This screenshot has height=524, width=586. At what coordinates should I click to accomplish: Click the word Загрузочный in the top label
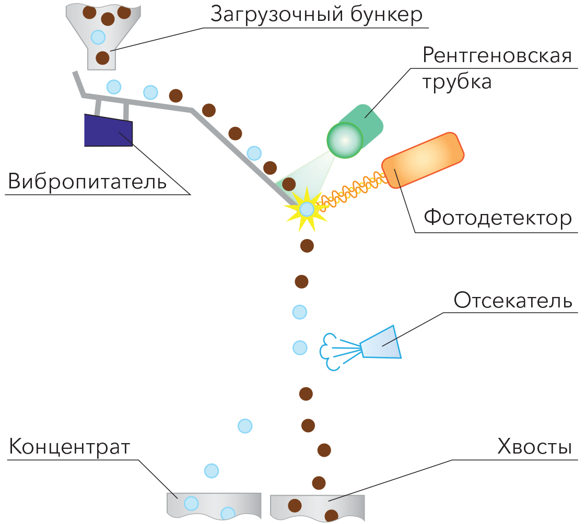click(x=277, y=15)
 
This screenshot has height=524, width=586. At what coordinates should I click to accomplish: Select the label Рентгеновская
click(x=497, y=56)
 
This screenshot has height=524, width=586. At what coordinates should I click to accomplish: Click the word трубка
click(x=456, y=82)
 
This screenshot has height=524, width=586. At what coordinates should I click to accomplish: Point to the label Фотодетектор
click(x=498, y=218)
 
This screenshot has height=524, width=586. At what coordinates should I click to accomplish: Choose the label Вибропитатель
click(x=87, y=182)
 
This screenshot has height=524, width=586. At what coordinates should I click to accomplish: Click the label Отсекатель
click(x=513, y=300)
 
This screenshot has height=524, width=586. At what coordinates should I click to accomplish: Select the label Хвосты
click(x=535, y=447)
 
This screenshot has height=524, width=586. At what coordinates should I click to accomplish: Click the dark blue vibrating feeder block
click(x=109, y=130)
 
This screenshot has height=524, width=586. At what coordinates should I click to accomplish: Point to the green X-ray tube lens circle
click(x=345, y=140)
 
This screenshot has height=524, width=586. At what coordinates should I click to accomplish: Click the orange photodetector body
click(x=423, y=160)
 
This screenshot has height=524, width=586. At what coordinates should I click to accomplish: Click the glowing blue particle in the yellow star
click(x=307, y=209)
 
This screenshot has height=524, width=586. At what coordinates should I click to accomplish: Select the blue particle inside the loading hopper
click(x=98, y=38)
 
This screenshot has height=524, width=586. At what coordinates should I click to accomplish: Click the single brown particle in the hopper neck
click(x=102, y=58)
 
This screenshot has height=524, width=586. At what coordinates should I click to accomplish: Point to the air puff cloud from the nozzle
click(x=329, y=351)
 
